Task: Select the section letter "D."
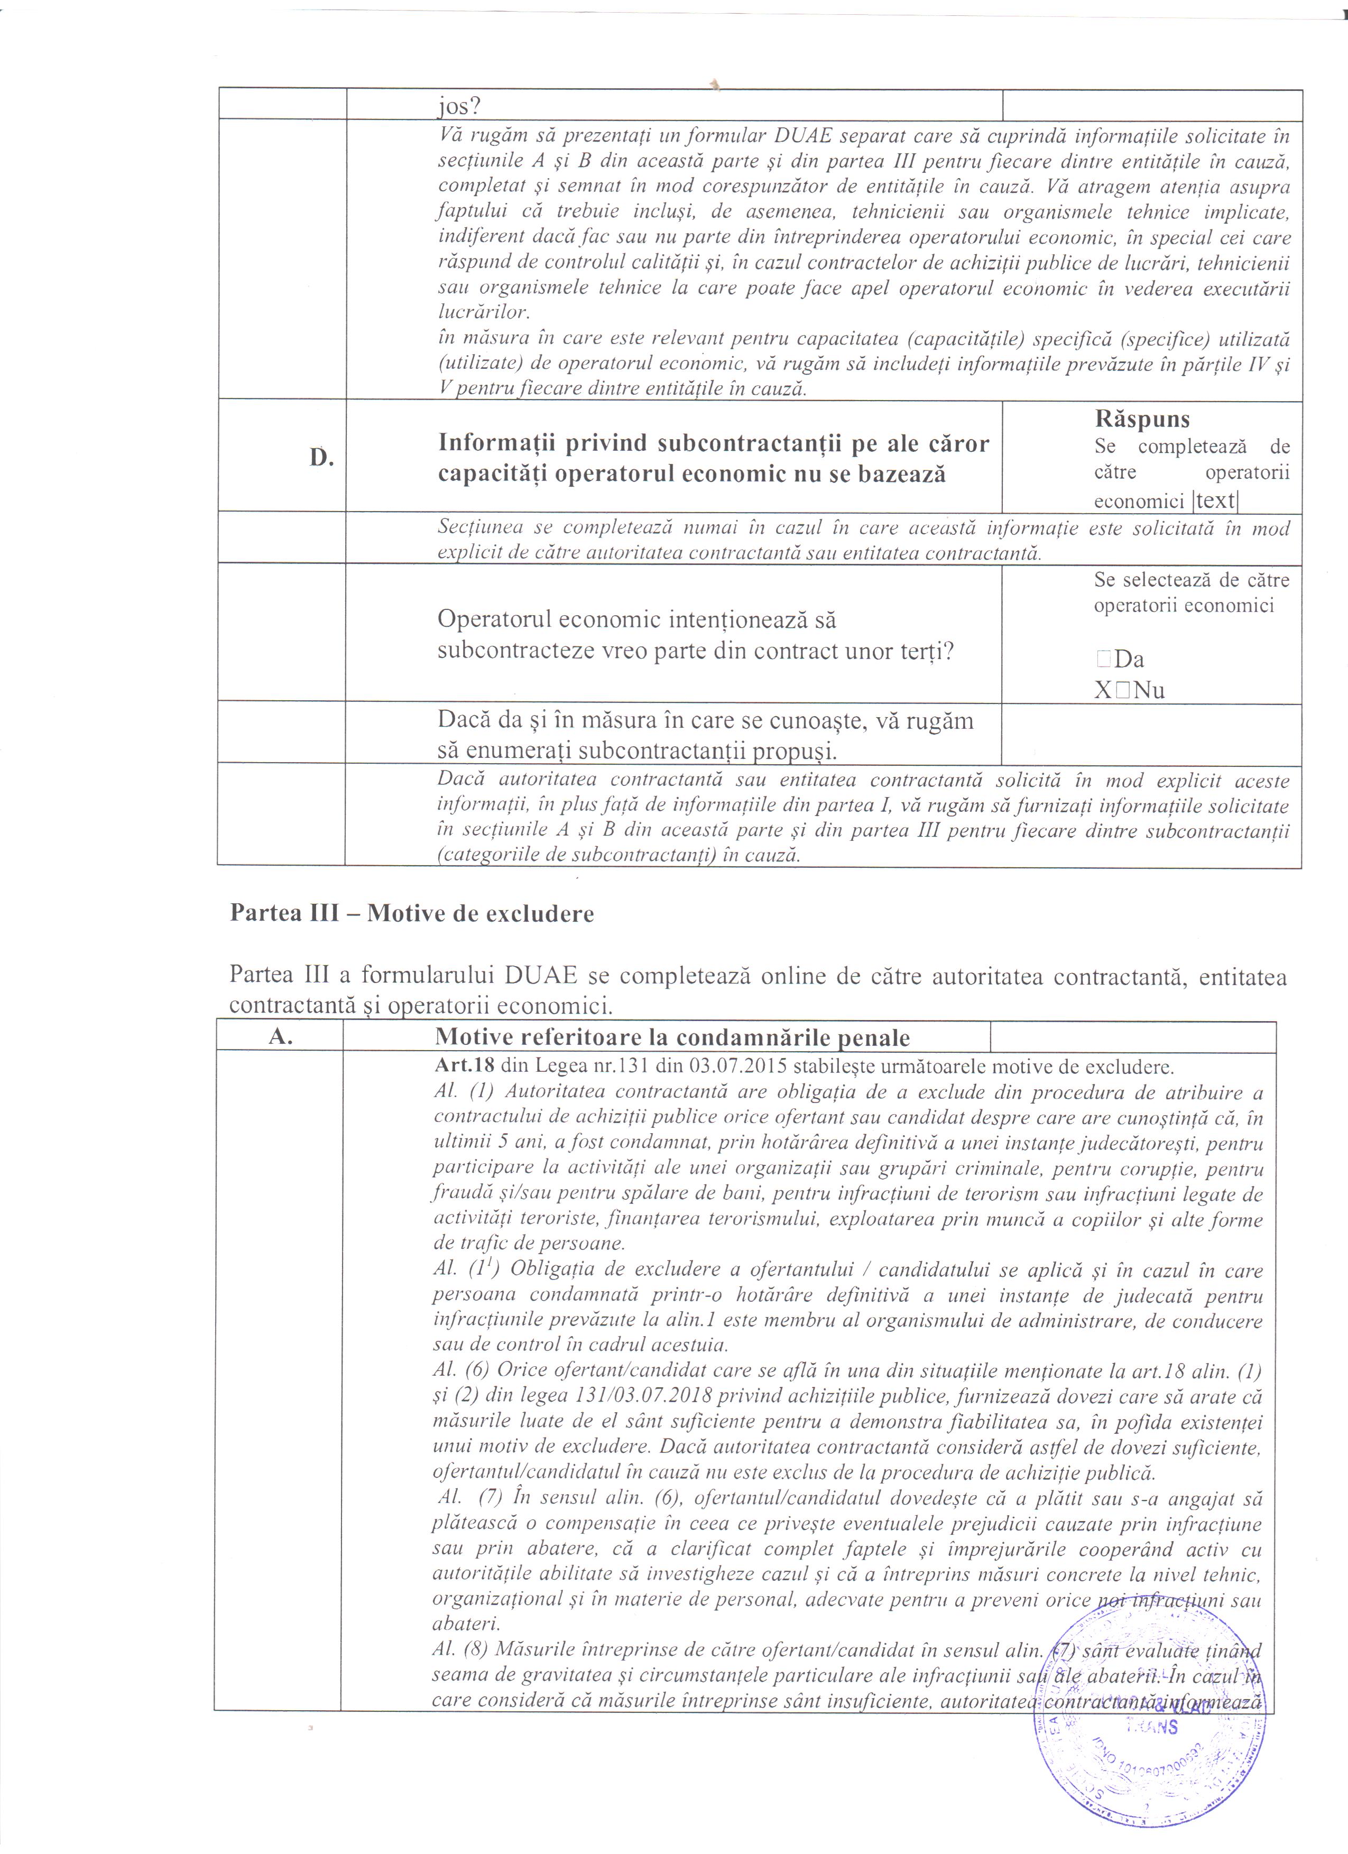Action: pos(322,458)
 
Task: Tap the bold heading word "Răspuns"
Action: pos(1142,419)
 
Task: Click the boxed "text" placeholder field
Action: pos(1215,500)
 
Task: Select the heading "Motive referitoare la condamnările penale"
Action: pos(672,1038)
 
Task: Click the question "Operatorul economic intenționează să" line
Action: pos(637,619)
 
